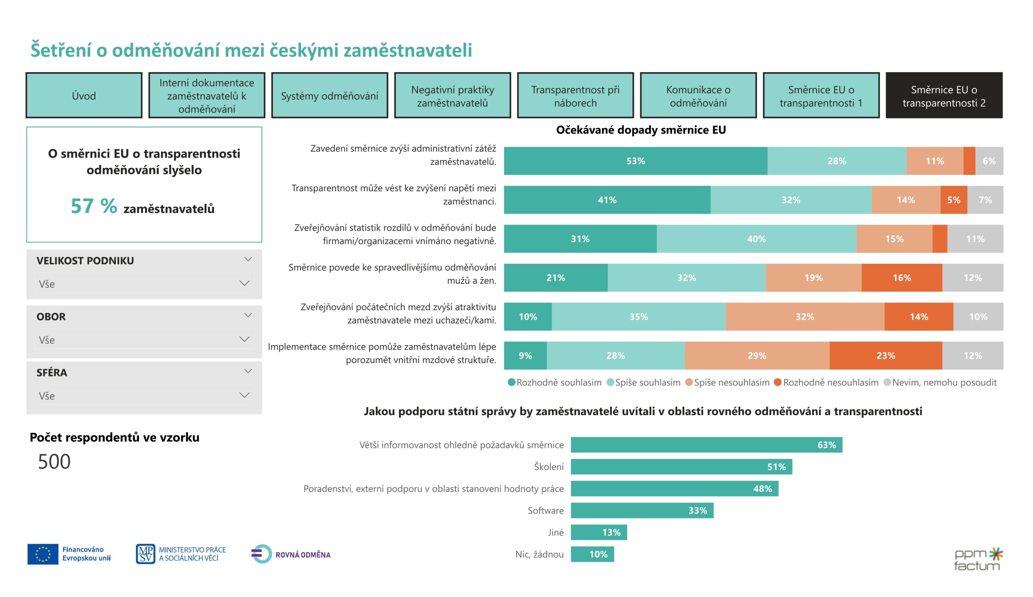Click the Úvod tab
(x=84, y=96)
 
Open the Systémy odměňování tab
(x=329, y=96)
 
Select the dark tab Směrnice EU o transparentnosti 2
(x=944, y=96)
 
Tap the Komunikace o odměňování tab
(x=698, y=96)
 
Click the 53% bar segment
(x=635, y=161)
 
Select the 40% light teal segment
(x=756, y=239)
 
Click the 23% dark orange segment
(x=885, y=356)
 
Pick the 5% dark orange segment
(x=954, y=200)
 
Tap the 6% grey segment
(x=989, y=161)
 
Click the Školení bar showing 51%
(x=681, y=467)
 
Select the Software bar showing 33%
(x=642, y=511)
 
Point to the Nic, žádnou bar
(x=592, y=554)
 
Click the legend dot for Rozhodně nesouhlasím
(x=778, y=382)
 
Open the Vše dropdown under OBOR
(x=144, y=340)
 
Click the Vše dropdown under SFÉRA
(x=144, y=396)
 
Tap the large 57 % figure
(x=94, y=206)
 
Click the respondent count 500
(x=54, y=462)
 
